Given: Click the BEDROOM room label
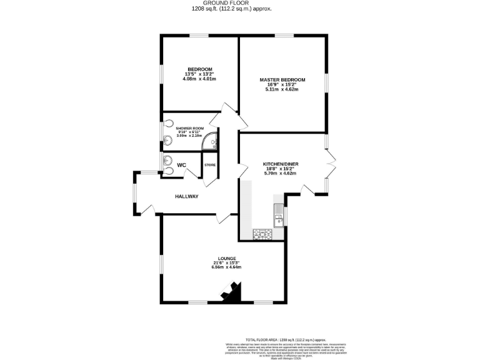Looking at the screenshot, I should click(x=200, y=69).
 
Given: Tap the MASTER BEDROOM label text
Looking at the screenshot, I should click(x=282, y=80).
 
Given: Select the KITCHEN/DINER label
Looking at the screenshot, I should click(x=280, y=164).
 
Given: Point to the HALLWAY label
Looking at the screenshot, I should click(x=186, y=196).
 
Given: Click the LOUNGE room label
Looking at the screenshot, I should click(x=226, y=257).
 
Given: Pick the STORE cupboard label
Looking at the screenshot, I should click(x=210, y=165).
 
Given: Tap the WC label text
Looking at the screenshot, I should click(x=181, y=165).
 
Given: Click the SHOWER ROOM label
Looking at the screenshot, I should click(x=190, y=128).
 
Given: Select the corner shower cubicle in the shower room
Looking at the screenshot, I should click(x=212, y=143).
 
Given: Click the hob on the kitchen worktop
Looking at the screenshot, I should click(x=262, y=234).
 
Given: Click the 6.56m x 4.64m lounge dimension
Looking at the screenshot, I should click(x=226, y=267).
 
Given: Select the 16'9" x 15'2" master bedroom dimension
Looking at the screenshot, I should click(x=282, y=85).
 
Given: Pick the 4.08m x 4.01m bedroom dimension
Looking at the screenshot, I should click(x=200, y=79).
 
